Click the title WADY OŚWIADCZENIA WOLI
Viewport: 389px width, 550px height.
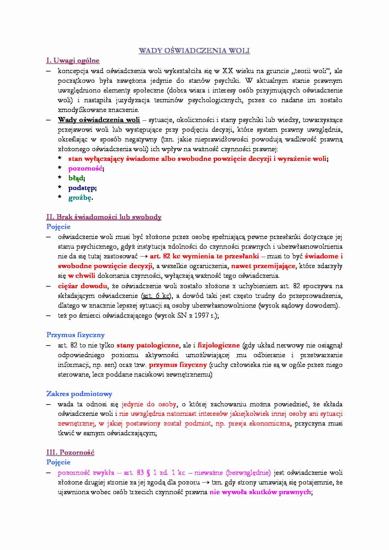coord(194,51)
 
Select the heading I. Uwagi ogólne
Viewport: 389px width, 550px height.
coord(73,61)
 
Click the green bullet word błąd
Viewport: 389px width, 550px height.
coord(76,178)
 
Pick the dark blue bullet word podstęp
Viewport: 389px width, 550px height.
coord(82,188)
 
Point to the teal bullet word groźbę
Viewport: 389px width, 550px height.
coord(80,198)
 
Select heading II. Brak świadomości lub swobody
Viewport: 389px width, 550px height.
coord(104,217)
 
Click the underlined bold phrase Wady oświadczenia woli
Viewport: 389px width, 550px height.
coord(99,120)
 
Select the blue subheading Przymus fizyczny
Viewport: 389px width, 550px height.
coord(75,335)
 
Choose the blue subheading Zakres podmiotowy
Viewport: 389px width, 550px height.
coord(79,394)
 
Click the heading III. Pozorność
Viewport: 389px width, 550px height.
coord(70,452)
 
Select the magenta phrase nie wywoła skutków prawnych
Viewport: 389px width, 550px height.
coord(260,492)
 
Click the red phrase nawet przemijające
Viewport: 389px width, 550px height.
coord(263,266)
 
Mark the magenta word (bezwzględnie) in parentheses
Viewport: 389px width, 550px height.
coord(248,473)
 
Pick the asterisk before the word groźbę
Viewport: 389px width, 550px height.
coord(60,197)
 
